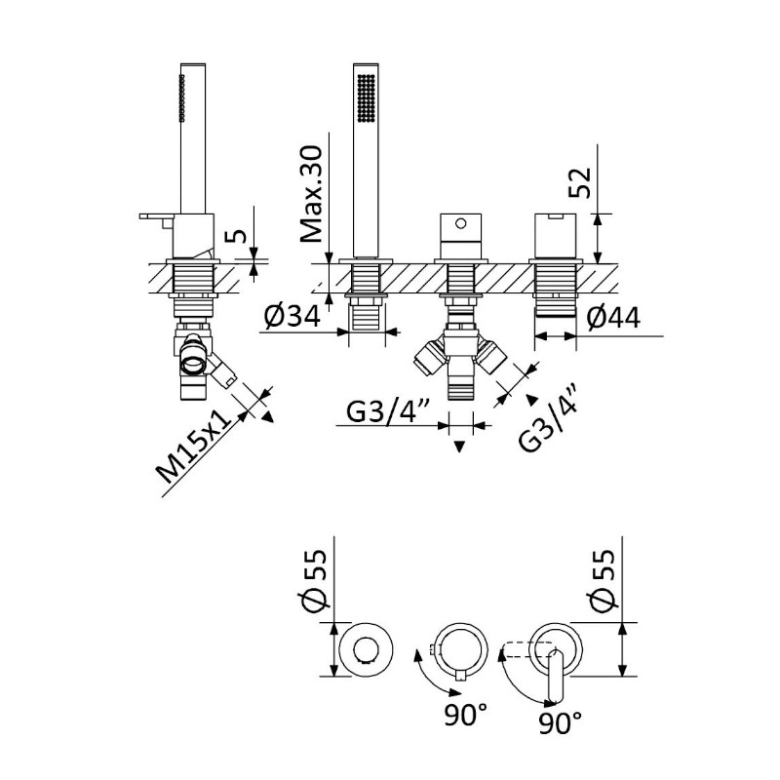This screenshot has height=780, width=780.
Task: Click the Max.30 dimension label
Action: [312, 193]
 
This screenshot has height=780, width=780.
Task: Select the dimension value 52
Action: [580, 182]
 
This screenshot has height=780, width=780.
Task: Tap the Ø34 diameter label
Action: [292, 316]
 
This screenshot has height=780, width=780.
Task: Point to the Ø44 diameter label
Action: [613, 318]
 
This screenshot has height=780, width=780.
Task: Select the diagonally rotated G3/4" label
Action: [547, 418]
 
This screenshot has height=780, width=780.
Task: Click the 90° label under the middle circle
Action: [466, 715]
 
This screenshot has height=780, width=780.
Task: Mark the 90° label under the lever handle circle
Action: [560, 723]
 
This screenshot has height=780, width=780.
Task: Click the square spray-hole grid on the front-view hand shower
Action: [367, 98]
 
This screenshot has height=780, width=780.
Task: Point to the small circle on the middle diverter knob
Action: [460, 223]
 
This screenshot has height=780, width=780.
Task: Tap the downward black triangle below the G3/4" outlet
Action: [459, 447]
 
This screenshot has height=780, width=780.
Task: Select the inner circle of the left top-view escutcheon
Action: [367, 649]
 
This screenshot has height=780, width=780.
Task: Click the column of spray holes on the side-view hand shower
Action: [182, 98]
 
